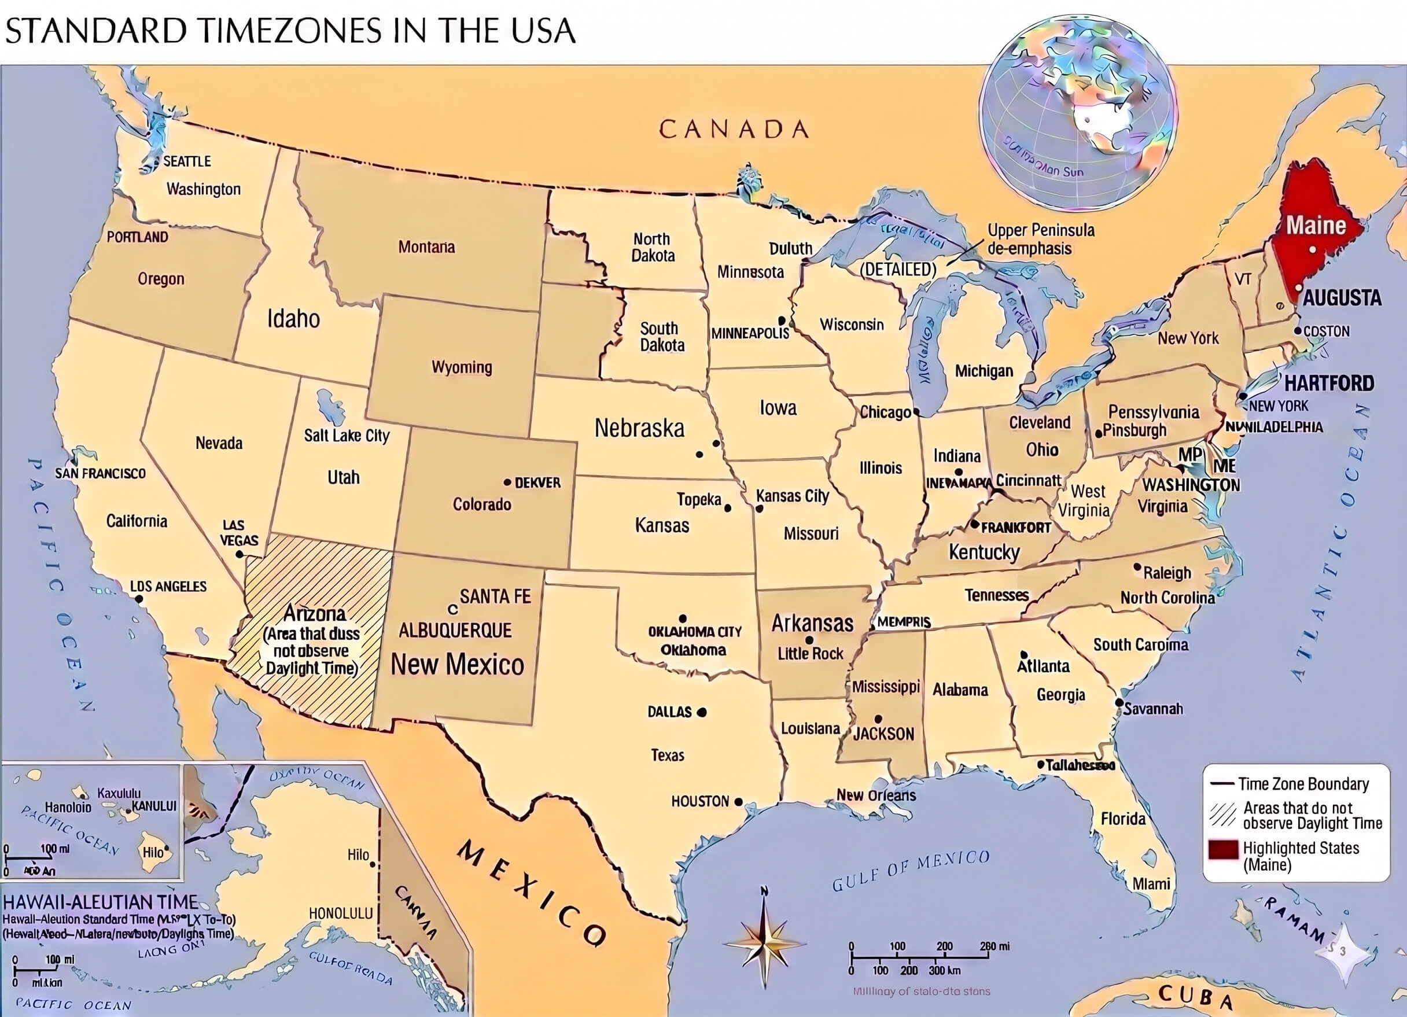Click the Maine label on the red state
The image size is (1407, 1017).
tap(1316, 225)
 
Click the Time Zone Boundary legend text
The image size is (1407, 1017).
tap(1303, 784)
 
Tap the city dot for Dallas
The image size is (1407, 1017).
tap(702, 712)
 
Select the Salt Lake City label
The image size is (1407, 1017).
tap(346, 436)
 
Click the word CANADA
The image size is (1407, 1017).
tap(733, 129)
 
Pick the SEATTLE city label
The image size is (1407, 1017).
tap(187, 161)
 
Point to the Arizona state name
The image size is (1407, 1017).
tap(315, 614)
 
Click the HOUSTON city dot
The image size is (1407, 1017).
tap(738, 802)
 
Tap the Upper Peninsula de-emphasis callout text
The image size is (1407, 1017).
tap(1040, 239)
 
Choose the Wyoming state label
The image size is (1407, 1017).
tap(462, 367)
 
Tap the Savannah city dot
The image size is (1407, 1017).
tap(1118, 703)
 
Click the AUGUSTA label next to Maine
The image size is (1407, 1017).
tap(1342, 298)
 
